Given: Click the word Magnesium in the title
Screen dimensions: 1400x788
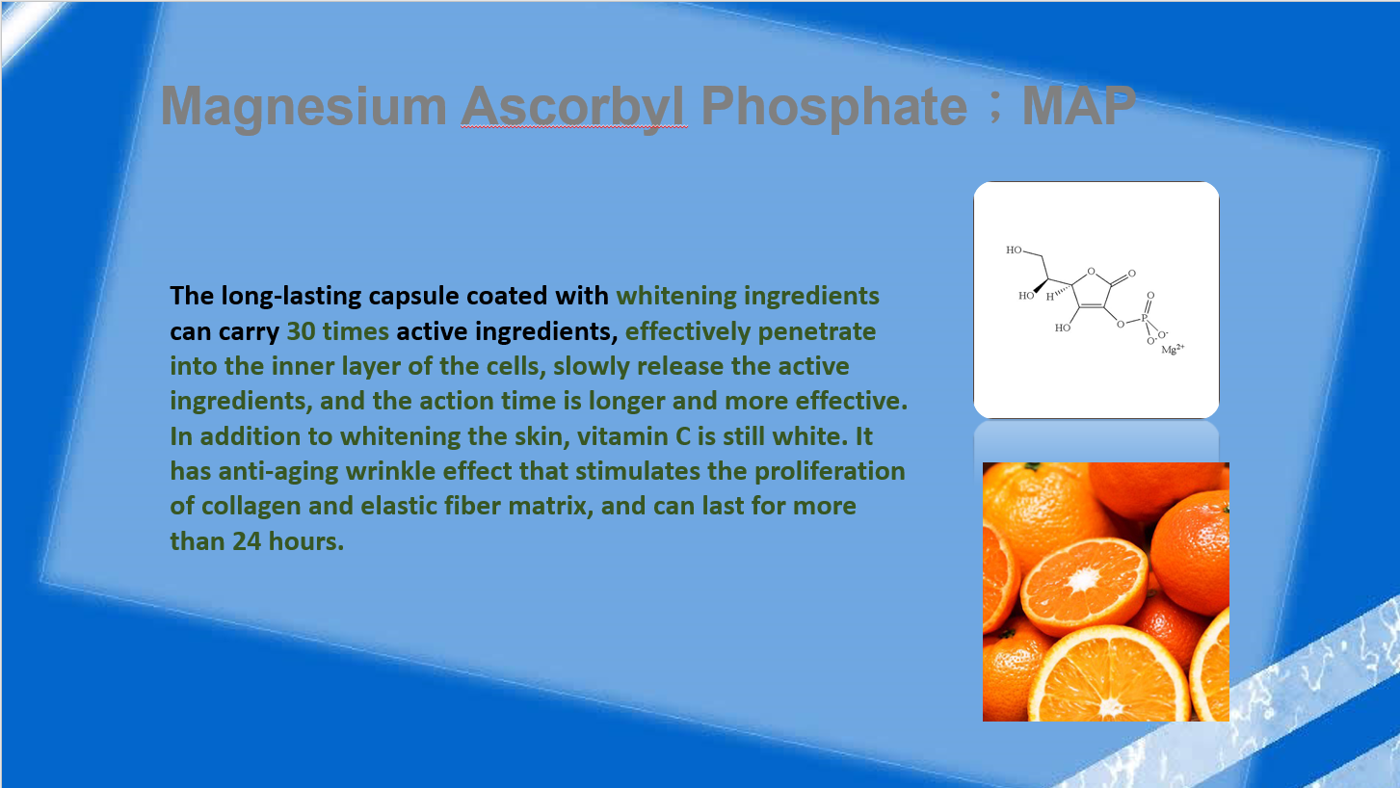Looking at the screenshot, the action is (x=304, y=107).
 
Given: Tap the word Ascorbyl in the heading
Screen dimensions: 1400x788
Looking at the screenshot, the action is (x=573, y=107).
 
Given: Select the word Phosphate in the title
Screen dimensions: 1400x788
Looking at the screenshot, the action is (x=834, y=107).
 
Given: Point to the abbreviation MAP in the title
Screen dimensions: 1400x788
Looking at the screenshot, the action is (x=1079, y=106).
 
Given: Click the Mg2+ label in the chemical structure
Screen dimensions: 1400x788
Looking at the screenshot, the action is (x=1173, y=349).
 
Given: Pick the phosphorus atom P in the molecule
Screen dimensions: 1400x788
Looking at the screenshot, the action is (x=1144, y=319).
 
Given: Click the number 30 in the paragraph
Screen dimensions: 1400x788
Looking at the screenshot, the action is (x=301, y=331).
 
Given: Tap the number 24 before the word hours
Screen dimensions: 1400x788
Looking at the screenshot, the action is (x=247, y=541).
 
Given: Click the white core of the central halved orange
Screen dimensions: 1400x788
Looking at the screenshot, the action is (x=1083, y=581).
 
